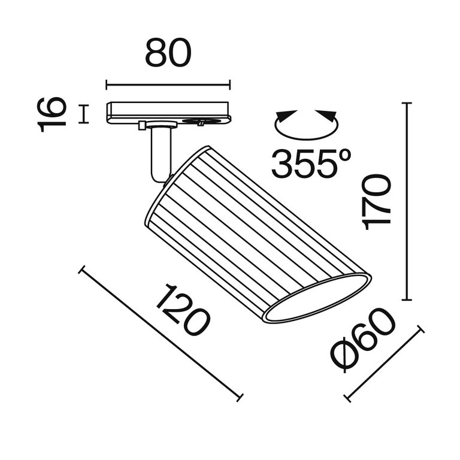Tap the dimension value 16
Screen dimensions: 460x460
(x=51, y=113)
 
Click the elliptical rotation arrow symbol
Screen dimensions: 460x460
(x=306, y=124)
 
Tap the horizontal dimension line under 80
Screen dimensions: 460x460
(x=168, y=85)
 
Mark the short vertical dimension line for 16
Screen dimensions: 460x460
(x=83, y=114)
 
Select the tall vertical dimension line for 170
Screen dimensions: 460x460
(x=408, y=202)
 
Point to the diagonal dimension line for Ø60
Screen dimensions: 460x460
(x=385, y=364)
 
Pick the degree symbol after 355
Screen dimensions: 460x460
(x=344, y=155)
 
